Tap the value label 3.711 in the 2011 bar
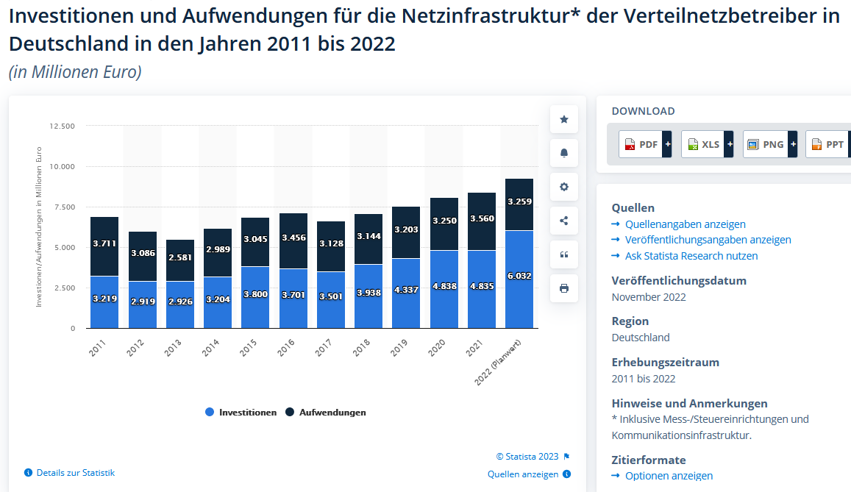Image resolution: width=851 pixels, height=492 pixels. point(104,243)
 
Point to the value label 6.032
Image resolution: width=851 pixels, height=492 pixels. point(519,276)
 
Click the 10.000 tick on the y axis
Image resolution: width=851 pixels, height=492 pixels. point(62,166)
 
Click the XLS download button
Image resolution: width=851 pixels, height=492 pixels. point(707,144)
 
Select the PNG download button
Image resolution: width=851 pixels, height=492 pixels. point(769,144)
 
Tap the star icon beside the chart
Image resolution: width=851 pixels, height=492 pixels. point(564,119)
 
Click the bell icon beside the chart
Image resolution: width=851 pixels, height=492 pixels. point(564,153)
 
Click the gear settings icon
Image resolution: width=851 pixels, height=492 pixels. point(564,187)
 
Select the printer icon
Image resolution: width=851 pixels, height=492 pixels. point(564,288)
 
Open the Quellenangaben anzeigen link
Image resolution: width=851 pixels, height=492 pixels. point(685,224)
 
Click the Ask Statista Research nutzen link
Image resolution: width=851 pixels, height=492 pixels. point(691,256)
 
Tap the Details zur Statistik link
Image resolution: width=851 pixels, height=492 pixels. point(75,473)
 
